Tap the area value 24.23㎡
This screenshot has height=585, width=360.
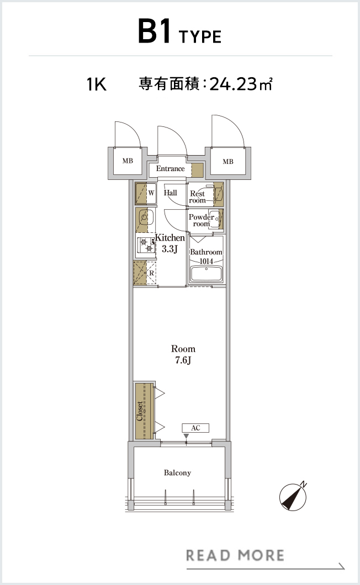(x=241, y=84)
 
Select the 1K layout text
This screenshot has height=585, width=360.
(x=97, y=84)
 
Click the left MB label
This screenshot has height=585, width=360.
(x=128, y=161)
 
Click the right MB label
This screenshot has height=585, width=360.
(x=228, y=162)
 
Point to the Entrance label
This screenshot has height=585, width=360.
(x=170, y=169)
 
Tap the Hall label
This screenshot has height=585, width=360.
(x=170, y=193)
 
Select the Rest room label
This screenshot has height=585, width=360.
(x=198, y=197)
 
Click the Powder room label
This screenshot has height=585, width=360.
(x=202, y=220)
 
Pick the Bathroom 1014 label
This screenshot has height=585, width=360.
(x=206, y=256)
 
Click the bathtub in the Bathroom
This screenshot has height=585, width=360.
(x=206, y=274)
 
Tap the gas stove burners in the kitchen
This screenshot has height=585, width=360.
(x=146, y=245)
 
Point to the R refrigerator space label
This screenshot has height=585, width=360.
(x=152, y=273)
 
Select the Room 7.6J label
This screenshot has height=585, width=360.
(x=183, y=354)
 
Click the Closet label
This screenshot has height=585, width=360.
(x=140, y=411)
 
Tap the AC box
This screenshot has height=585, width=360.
(x=195, y=428)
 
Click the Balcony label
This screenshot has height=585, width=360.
(x=177, y=473)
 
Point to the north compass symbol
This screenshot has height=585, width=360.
(x=293, y=496)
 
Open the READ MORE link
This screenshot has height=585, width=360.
(x=235, y=555)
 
